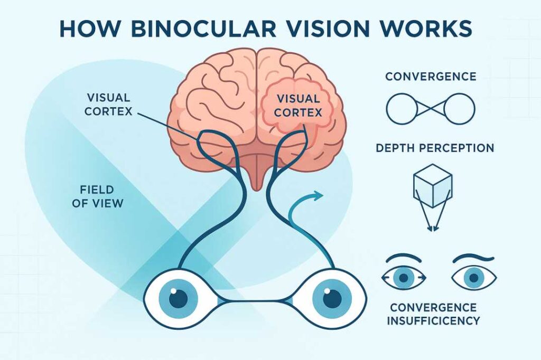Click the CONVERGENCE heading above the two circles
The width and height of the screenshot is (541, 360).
point(431,77)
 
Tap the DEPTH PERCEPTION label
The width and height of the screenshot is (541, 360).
point(435,148)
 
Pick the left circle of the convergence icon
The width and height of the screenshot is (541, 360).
point(402,109)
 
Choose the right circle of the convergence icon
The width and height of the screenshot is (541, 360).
point(459,109)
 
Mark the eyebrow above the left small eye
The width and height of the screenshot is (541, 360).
point(404,258)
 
